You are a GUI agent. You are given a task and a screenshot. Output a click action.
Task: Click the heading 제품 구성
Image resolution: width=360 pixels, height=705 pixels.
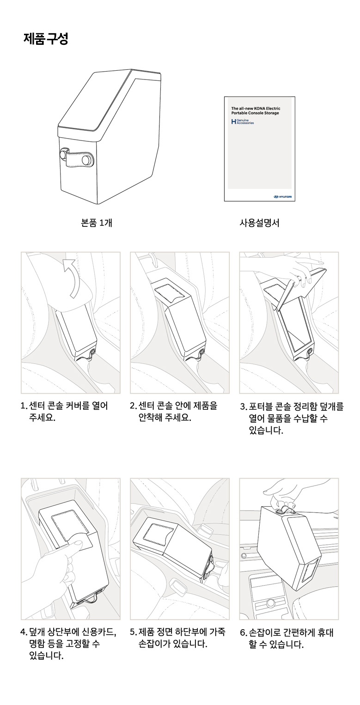coord(46,39)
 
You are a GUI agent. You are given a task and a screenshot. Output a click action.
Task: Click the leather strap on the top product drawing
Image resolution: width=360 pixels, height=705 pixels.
coord(75,158)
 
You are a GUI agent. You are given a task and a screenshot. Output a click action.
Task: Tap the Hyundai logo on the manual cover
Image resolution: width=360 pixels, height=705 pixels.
coord(282,197)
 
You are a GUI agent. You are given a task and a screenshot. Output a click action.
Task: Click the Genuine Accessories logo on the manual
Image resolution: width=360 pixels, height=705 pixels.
coord(243,122)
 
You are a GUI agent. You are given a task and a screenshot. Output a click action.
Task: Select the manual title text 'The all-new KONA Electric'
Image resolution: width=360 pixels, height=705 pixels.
coord(256,109)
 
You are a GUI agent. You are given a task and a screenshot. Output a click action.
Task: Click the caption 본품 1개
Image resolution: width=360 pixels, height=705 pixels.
coord(97,223)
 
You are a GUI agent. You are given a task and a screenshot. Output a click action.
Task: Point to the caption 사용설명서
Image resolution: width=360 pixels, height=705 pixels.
coord(259,223)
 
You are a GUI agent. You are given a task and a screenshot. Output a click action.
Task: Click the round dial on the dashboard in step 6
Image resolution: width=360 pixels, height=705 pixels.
coord(270,603)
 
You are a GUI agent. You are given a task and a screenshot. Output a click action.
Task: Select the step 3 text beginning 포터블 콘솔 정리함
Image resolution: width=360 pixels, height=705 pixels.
coord(292,419)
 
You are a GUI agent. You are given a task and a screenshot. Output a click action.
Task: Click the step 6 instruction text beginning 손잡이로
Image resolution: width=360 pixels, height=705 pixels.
coord(287,638)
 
